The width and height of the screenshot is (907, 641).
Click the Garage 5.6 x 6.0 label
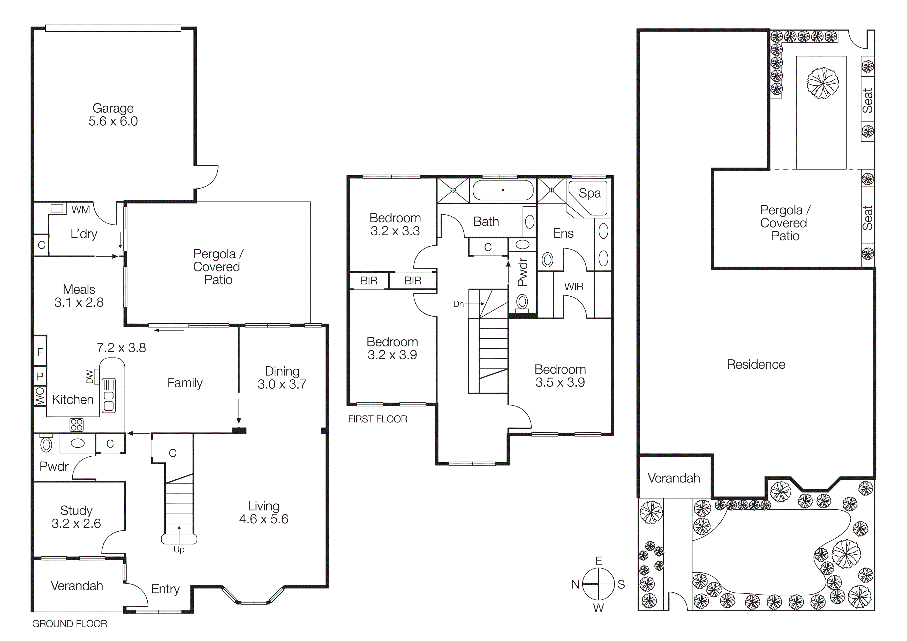113,115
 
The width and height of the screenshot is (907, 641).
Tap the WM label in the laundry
81,210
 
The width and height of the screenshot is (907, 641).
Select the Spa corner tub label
589,193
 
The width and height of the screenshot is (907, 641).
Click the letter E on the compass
599,561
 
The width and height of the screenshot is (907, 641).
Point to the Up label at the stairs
179,549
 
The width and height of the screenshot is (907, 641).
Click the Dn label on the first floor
458,304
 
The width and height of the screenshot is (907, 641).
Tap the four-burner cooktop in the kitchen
77,425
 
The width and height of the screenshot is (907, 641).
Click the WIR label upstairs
573,287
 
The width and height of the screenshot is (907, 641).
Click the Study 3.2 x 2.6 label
76,517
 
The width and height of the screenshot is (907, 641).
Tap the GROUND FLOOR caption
70,624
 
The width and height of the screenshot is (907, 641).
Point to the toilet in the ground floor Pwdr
46,444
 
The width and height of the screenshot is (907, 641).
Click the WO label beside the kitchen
40,396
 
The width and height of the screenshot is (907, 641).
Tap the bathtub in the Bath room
503,190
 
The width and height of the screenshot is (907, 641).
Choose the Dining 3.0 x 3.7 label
282,378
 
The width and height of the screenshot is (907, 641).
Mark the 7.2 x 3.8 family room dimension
121,348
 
